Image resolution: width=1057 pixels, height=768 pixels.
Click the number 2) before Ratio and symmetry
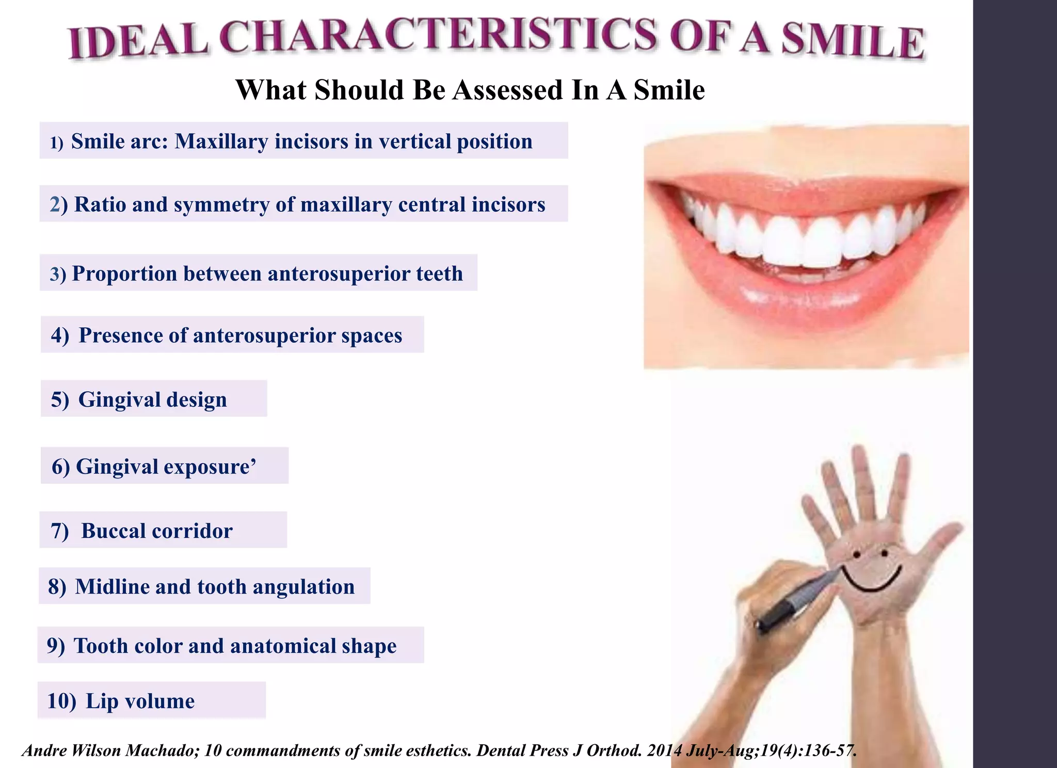(x=58, y=205)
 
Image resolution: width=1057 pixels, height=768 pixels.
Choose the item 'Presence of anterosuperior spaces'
(x=240, y=335)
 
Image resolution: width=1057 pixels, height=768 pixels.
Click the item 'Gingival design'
(x=152, y=399)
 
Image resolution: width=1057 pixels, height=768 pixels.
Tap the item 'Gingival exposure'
(x=165, y=467)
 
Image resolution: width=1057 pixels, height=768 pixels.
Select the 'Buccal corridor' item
(x=156, y=531)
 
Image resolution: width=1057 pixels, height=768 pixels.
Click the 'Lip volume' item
(x=140, y=701)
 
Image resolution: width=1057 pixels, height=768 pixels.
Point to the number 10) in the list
(x=61, y=701)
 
